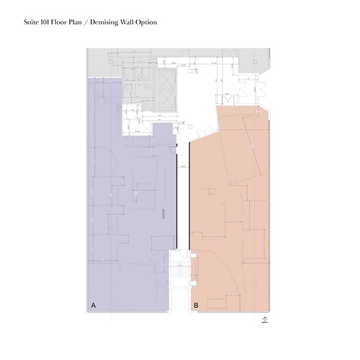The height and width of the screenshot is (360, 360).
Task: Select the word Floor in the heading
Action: pyautogui.click(x=62, y=22)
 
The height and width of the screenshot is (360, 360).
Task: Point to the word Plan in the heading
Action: pyautogui.click(x=80, y=22)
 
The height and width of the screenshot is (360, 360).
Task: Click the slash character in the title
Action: pyautogui.click(x=92, y=22)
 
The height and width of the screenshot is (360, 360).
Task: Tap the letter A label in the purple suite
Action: pyautogui.click(x=94, y=304)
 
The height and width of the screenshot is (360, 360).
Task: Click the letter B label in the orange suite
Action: pyautogui.click(x=196, y=304)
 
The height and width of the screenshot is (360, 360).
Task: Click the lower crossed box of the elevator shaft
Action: pyautogui.click(x=166, y=99)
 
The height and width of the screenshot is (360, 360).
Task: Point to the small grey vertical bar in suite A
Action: pyautogui.click(x=163, y=214)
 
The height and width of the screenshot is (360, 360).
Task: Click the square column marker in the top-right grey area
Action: pyautogui.click(x=250, y=62)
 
